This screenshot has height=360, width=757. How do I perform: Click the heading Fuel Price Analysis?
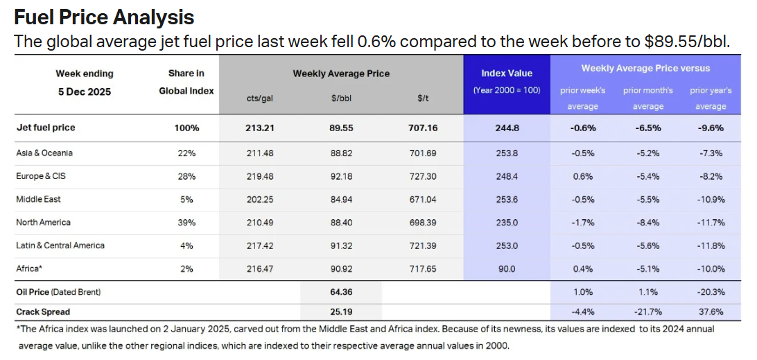pyautogui.click(x=104, y=16)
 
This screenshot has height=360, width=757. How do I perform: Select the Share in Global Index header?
pyautogui.click(x=186, y=82)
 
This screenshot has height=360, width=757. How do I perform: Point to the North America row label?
pyautogui.click(x=43, y=223)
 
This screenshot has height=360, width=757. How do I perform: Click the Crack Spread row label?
pyautogui.click(x=43, y=312)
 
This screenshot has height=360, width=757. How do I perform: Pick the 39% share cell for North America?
pyautogui.click(x=186, y=223)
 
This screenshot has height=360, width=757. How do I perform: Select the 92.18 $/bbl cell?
pyautogui.click(x=341, y=176)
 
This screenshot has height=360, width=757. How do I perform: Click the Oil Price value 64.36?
pyautogui.click(x=341, y=292)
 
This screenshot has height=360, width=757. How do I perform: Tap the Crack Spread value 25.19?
pyautogui.click(x=341, y=312)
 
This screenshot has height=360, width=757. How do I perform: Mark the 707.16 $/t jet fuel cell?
pyautogui.click(x=422, y=128)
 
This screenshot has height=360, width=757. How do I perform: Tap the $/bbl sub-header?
pyautogui.click(x=341, y=99)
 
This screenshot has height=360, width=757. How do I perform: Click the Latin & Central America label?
pyautogui.click(x=60, y=246)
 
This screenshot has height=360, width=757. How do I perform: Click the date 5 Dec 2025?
pyautogui.click(x=85, y=91)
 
